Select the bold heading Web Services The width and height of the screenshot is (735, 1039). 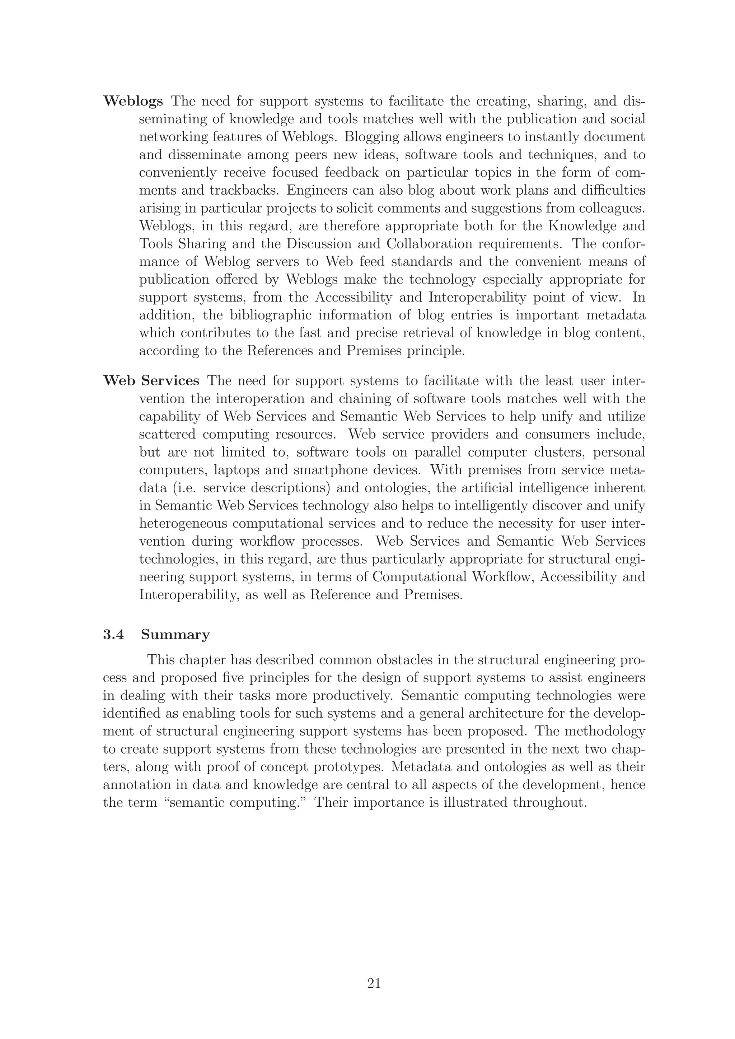(151, 381)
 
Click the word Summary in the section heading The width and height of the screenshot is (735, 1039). (175, 635)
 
